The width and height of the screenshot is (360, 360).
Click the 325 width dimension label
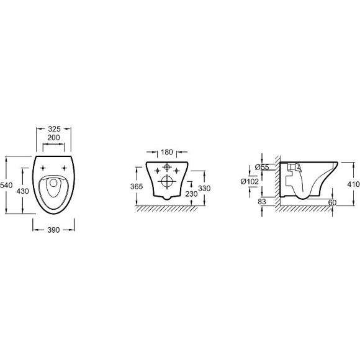pos(54,129)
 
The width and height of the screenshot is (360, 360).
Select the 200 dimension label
pos(53,138)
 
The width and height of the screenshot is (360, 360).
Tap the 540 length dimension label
pos(6,185)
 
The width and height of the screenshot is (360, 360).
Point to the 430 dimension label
pos(23,191)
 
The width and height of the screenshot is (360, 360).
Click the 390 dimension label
pos(53,230)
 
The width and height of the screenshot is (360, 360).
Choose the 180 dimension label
pos(167,152)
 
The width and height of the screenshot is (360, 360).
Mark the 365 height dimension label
pos(137,186)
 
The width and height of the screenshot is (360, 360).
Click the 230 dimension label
pos(191,194)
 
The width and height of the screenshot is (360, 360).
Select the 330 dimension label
pos(204,189)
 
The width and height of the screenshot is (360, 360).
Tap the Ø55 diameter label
pos(262,167)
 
